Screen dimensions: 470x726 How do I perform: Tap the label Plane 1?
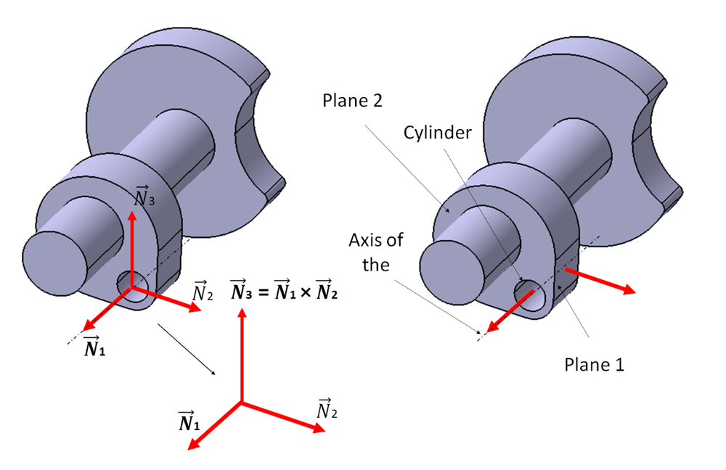[594, 363]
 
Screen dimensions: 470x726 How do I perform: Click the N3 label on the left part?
[144, 196]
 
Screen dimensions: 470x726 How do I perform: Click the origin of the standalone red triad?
[241, 402]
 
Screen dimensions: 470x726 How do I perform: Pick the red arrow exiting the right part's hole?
[512, 310]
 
